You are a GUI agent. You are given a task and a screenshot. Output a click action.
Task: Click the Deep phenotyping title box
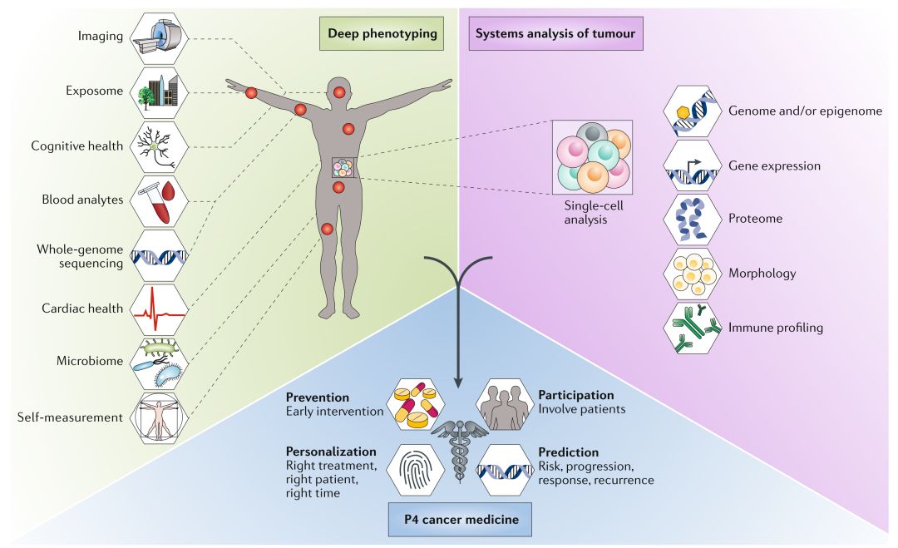click(382, 34)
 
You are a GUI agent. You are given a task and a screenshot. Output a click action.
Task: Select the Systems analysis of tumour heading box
click(555, 34)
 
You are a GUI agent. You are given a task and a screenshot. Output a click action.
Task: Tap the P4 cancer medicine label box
click(460, 520)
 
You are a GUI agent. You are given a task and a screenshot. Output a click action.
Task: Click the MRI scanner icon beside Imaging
click(159, 37)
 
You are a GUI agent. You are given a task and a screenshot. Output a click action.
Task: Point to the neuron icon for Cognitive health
click(159, 146)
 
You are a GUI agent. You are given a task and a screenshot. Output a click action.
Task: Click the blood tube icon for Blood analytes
click(159, 201)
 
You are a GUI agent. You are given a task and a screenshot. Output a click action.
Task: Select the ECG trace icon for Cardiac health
click(159, 309)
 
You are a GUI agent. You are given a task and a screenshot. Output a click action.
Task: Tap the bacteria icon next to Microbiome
click(159, 363)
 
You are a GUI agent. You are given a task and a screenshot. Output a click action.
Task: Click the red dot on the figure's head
click(339, 91)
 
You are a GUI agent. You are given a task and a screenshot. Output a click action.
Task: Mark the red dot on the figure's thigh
click(327, 229)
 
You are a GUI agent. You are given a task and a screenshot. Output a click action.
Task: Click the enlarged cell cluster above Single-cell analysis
click(593, 157)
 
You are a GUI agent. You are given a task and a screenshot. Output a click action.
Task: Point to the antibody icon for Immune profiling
click(692, 328)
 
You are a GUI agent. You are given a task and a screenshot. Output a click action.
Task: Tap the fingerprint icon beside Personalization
click(416, 470)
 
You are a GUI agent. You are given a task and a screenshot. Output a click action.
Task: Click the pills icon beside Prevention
click(416, 405)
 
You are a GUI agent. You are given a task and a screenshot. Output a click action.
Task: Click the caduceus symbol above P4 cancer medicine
click(460, 450)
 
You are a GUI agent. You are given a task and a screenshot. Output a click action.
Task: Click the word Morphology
click(762, 274)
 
